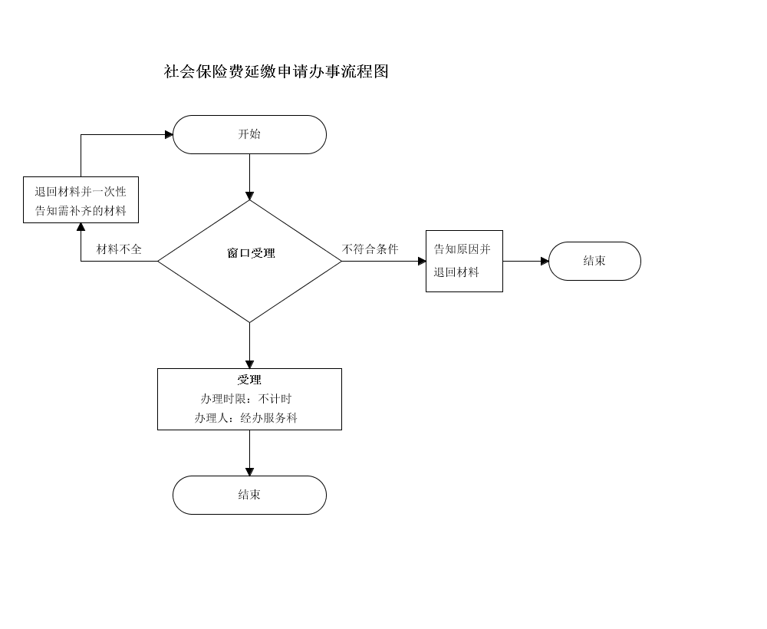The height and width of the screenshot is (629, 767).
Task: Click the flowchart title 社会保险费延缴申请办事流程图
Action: coord(276,72)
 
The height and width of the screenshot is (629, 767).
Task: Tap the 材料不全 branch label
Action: coord(119,249)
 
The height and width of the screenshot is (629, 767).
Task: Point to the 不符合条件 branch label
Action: coord(370,249)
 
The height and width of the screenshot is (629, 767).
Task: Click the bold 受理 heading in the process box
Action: coord(249,380)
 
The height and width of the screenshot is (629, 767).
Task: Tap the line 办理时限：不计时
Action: coord(246,399)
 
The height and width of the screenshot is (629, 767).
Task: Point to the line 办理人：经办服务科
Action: coord(246,418)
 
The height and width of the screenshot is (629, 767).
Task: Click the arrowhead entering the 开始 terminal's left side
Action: coord(169,134)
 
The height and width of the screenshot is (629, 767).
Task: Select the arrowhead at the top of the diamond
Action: coord(249,196)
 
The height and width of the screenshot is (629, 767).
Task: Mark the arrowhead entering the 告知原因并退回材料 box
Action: coord(422,261)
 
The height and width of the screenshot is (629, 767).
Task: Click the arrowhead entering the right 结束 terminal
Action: coord(545,261)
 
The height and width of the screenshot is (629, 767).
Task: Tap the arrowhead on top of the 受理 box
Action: coord(249,365)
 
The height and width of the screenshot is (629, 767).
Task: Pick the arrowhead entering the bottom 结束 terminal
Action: coord(249,472)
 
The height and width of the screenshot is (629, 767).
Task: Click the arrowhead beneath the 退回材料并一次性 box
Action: coord(81,227)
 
